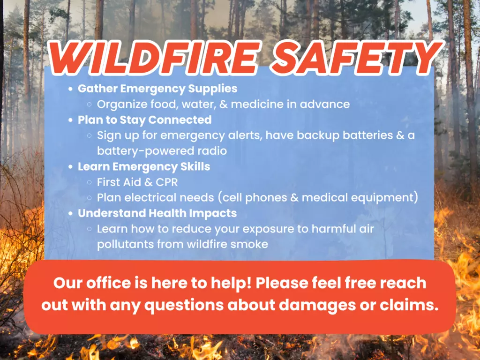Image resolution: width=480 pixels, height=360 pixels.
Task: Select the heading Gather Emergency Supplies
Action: (x=157, y=89)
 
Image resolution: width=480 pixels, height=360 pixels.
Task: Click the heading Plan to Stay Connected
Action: (x=144, y=120)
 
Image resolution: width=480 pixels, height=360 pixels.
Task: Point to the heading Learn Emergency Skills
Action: (x=144, y=166)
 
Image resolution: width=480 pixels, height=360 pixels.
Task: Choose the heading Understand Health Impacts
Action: (x=157, y=213)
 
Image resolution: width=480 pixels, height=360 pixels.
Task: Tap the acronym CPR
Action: (x=167, y=182)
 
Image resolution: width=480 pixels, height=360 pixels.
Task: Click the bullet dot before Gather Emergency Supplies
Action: (x=71, y=89)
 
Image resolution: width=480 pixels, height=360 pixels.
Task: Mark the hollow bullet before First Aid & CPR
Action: (x=90, y=182)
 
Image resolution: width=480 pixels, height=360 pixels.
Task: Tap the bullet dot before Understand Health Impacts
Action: (x=71, y=213)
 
